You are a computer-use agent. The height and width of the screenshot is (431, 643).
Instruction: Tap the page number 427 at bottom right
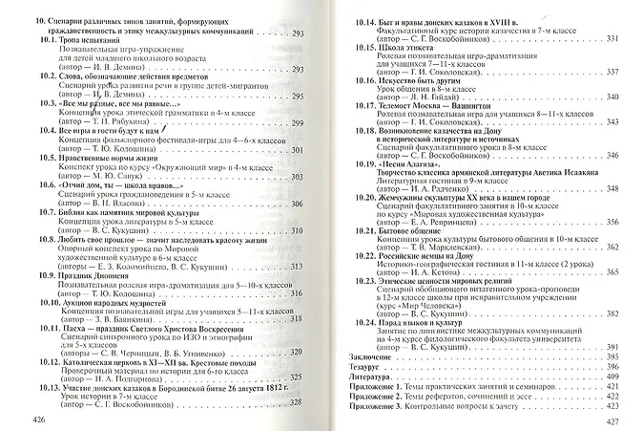point(627,420)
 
